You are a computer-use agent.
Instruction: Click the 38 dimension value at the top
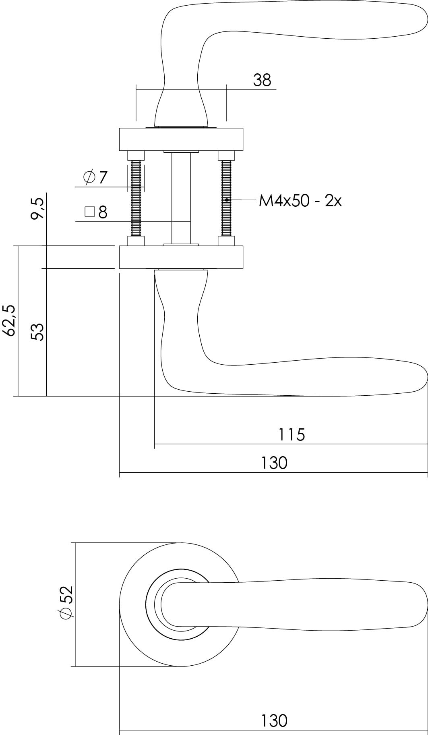pos(262,81)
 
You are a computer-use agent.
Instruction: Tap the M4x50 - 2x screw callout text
pos(300,200)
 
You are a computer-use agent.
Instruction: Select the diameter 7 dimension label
pos(96,177)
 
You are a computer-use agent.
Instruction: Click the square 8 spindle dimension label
pos(97,212)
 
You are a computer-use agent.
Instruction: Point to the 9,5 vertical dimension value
pos(37,209)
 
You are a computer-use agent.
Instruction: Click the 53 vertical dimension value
pos(37,332)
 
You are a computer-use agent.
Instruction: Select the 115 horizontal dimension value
pos(292,435)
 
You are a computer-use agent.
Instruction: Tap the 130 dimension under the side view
pos(274,463)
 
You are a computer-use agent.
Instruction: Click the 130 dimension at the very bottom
pos(274,721)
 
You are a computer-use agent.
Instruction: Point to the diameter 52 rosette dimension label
pos(66,602)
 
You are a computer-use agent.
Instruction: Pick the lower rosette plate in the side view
pos(181,257)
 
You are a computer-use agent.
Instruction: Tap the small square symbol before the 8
pos(89,212)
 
